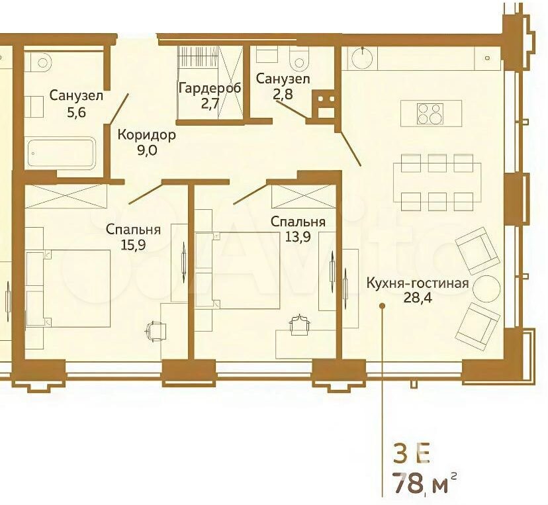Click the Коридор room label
click(146, 134)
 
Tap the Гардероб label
click(210, 88)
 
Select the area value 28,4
click(418, 298)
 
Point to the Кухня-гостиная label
click(418, 283)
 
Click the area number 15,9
click(133, 245)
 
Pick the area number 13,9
click(298, 237)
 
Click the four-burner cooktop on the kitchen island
click(430, 114)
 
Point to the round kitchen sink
click(363, 58)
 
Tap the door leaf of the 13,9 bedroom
click(251, 193)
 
